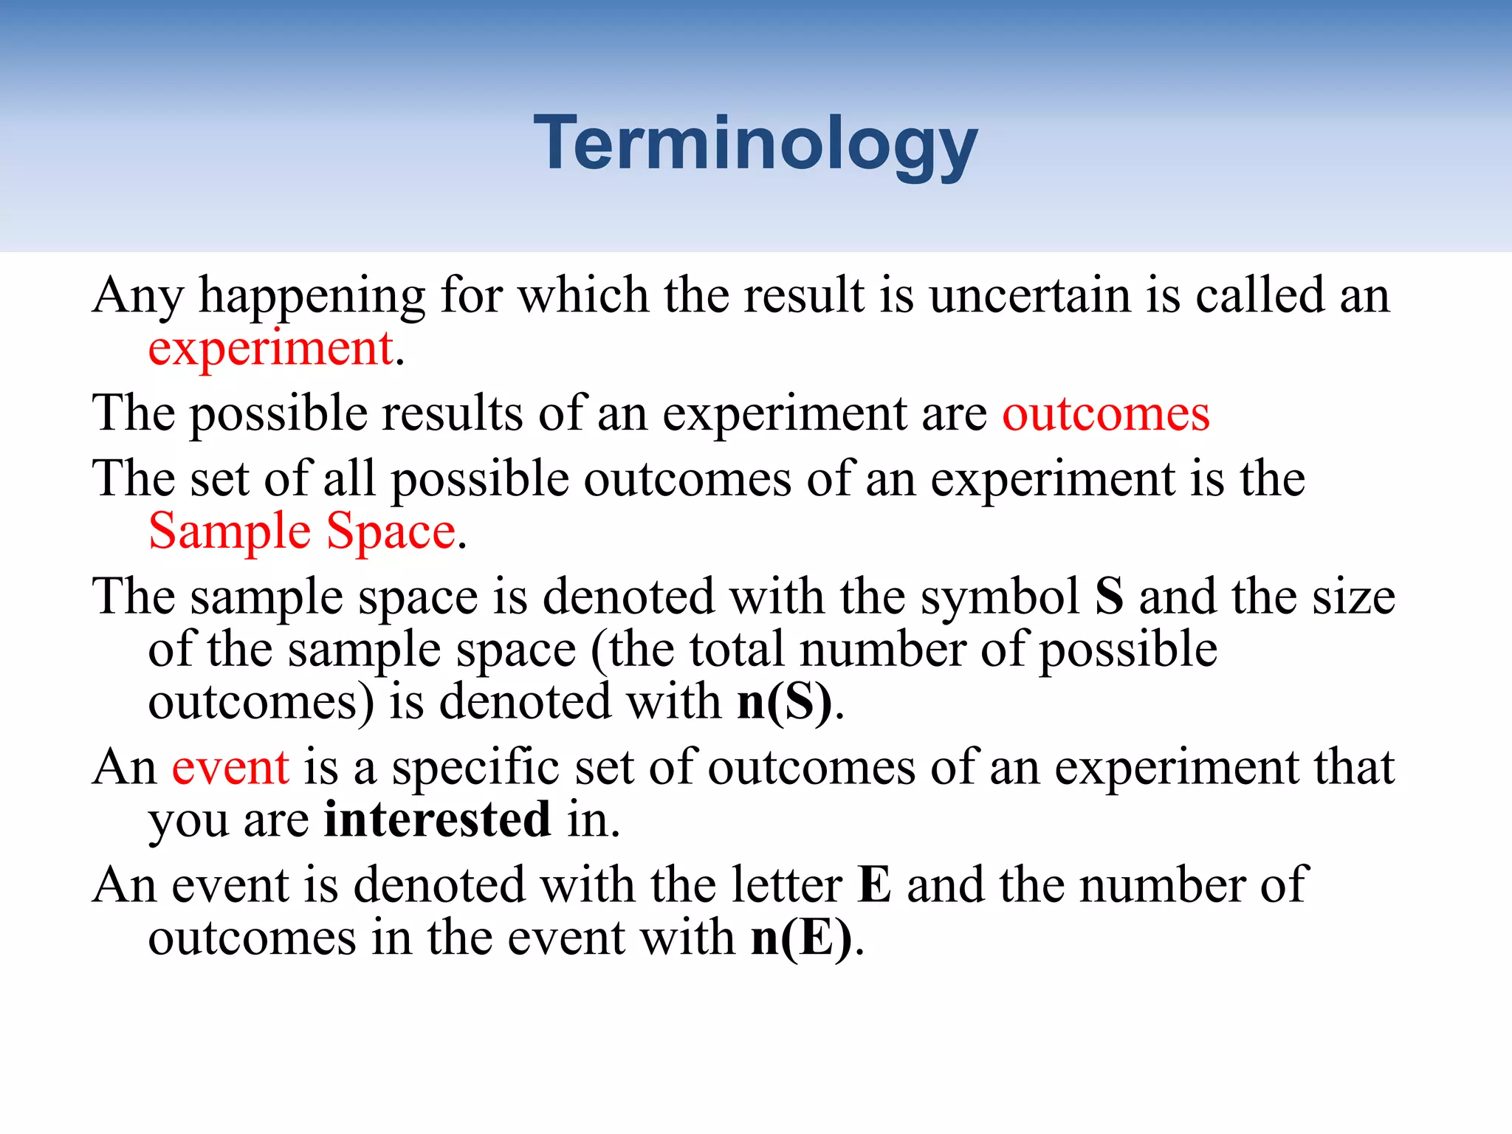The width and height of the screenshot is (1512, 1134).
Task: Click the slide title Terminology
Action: click(x=755, y=144)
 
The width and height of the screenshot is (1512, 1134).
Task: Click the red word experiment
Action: click(x=270, y=348)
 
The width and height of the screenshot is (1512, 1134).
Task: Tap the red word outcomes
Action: click(x=1106, y=413)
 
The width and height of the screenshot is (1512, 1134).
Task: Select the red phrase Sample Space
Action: click(x=302, y=532)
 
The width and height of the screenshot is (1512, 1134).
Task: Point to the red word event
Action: click(x=230, y=767)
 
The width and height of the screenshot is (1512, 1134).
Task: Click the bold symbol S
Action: click(x=1109, y=597)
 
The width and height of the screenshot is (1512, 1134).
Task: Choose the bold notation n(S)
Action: click(x=785, y=701)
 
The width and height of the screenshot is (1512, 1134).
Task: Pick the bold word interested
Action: click(x=438, y=819)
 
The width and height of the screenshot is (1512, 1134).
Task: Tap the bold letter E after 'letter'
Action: click(x=875, y=884)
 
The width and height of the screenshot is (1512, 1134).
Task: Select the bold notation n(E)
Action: click(x=802, y=938)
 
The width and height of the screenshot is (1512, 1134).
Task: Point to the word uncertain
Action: click(x=1030, y=295)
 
